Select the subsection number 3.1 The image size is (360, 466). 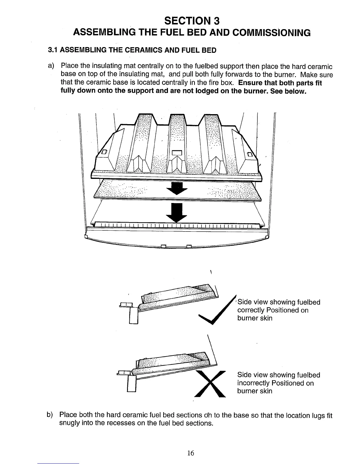53,50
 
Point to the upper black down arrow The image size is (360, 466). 177,188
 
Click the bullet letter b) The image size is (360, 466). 50,415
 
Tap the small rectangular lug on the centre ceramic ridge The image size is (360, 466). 177,152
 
